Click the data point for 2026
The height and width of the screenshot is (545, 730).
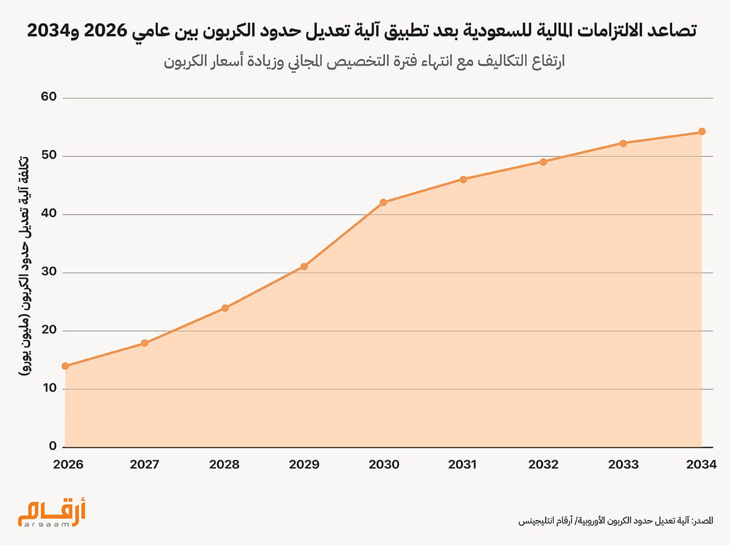coord(65,366)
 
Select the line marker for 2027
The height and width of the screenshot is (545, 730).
coord(145,343)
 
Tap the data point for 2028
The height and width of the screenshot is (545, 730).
coord(225,308)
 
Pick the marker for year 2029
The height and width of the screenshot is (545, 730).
coord(304,266)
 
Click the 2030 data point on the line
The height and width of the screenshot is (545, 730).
coord(383,203)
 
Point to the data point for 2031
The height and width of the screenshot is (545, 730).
coord(464,179)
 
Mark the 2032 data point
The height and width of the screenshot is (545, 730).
coord(543,162)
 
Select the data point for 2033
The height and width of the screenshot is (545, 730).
coord(623,144)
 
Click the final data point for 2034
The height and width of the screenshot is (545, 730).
coord(701,131)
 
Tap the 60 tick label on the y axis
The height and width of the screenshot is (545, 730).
coord(49,97)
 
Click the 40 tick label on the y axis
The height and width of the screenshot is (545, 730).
coord(49,214)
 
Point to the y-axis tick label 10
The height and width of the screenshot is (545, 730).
coord(49,389)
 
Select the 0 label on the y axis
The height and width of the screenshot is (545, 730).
coord(53,446)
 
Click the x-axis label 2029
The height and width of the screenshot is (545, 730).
coord(304,465)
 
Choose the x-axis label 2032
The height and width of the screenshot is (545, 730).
coord(543,465)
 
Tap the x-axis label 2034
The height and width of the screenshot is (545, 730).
coord(701,465)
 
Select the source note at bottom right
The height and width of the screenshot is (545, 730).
coord(615,521)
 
